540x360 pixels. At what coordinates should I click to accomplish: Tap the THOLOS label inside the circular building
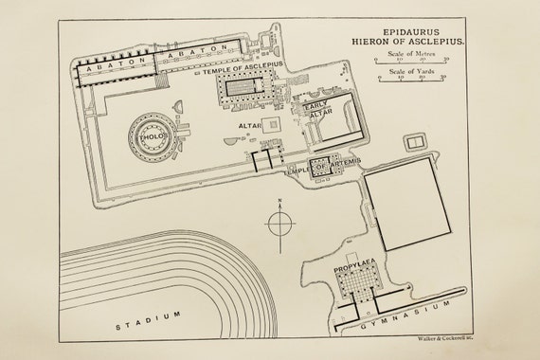pos(153,135)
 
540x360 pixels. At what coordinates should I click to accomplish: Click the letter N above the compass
pos(280,201)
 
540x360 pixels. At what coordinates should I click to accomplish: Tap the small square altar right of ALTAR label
pos(274,123)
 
